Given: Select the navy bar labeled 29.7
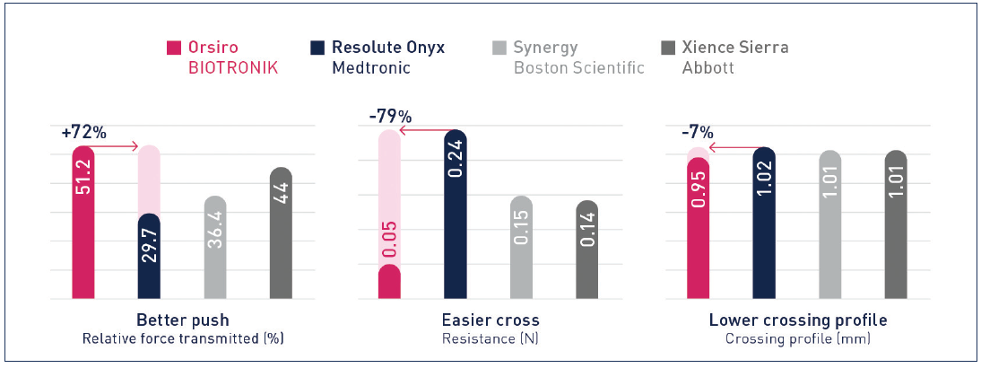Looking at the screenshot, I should [x=149, y=257].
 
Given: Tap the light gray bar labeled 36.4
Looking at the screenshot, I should [x=215, y=248].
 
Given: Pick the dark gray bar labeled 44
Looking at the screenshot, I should [x=281, y=233].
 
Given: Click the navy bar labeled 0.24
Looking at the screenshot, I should [x=456, y=215].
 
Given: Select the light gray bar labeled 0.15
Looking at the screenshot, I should [x=521, y=248].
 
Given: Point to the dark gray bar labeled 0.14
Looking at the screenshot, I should [x=586, y=250].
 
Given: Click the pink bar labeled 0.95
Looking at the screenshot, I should [x=698, y=228].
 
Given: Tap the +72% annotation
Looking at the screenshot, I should [x=84, y=132].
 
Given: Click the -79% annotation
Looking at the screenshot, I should [x=390, y=117].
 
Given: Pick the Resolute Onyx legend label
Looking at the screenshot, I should [x=388, y=48].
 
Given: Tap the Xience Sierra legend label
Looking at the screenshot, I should [x=734, y=48].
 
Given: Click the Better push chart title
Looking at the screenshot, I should [x=182, y=320].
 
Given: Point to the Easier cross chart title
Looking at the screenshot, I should [x=490, y=320].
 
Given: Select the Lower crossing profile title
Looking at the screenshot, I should [x=798, y=320].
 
